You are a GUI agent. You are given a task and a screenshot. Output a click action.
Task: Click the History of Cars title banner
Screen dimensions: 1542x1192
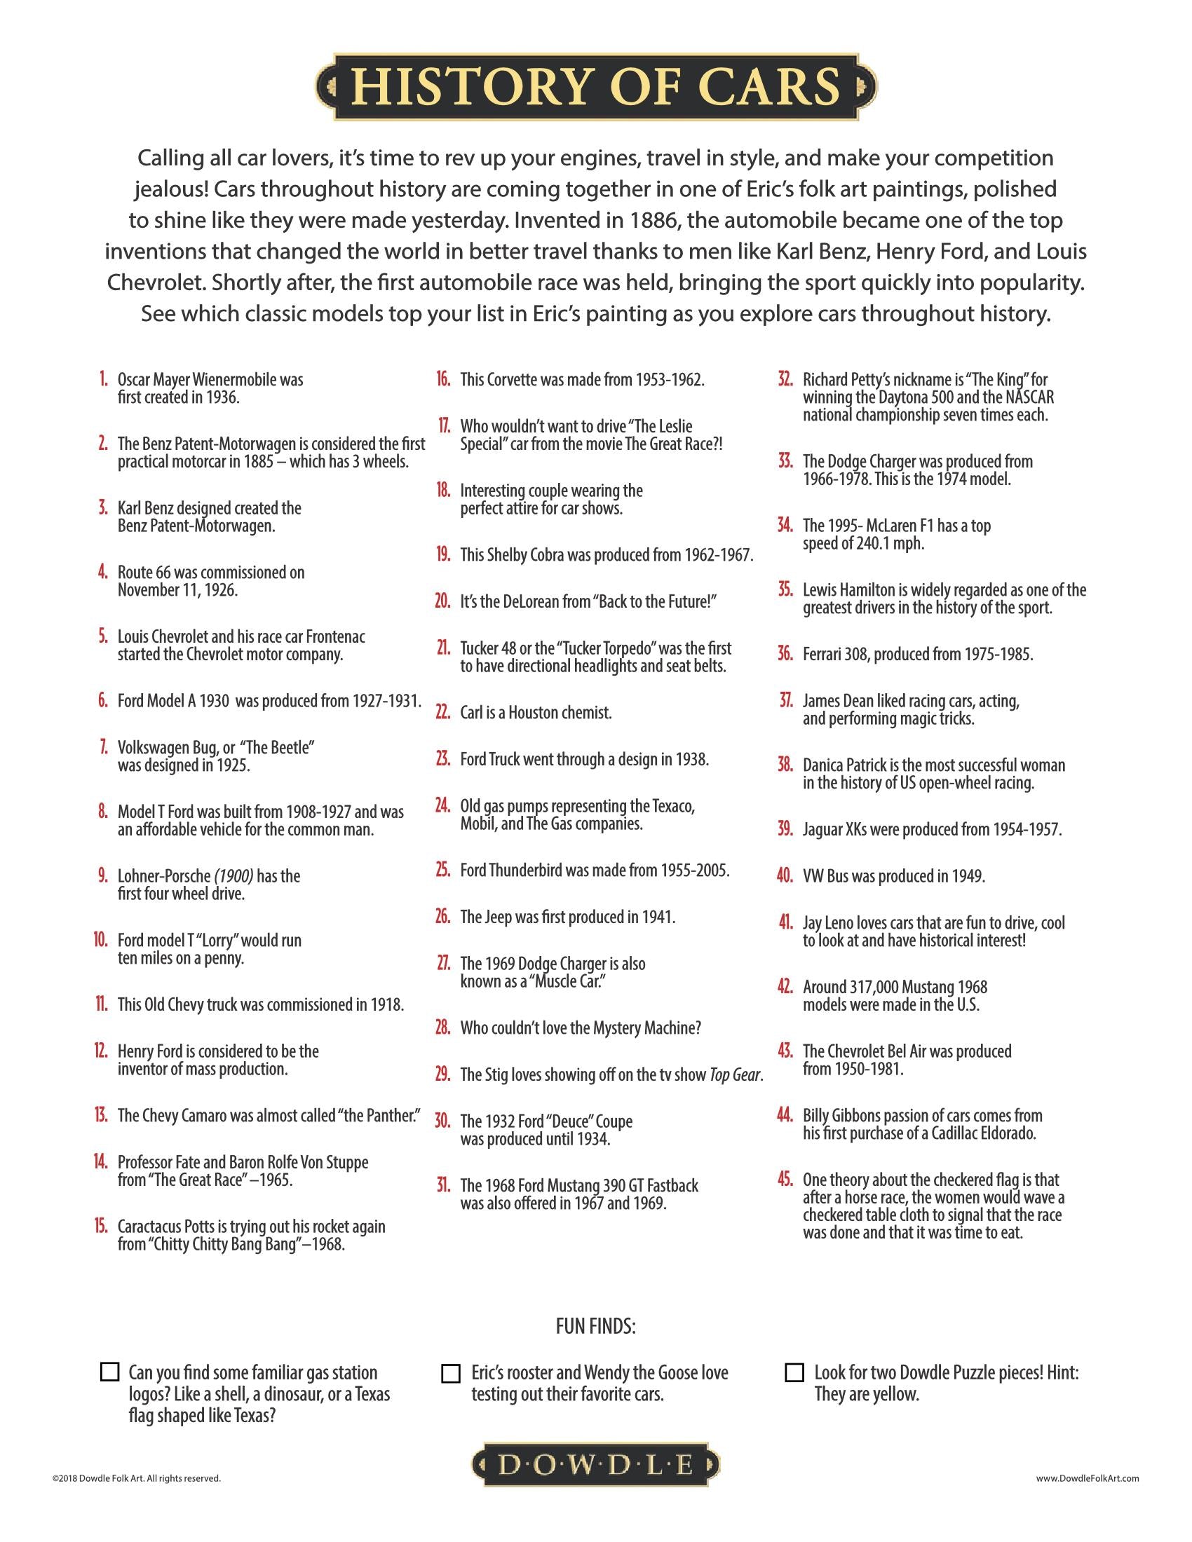tap(596, 87)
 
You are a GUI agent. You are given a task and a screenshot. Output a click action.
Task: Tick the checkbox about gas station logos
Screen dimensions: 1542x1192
tap(109, 1372)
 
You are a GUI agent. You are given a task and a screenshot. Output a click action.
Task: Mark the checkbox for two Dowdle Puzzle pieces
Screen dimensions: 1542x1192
tap(794, 1372)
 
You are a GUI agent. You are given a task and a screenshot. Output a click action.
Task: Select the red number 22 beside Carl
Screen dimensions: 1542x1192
tap(442, 712)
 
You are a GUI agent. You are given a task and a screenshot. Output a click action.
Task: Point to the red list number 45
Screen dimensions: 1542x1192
tap(784, 1180)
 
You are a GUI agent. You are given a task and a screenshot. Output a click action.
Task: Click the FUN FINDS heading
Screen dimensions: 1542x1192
tap(596, 1327)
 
